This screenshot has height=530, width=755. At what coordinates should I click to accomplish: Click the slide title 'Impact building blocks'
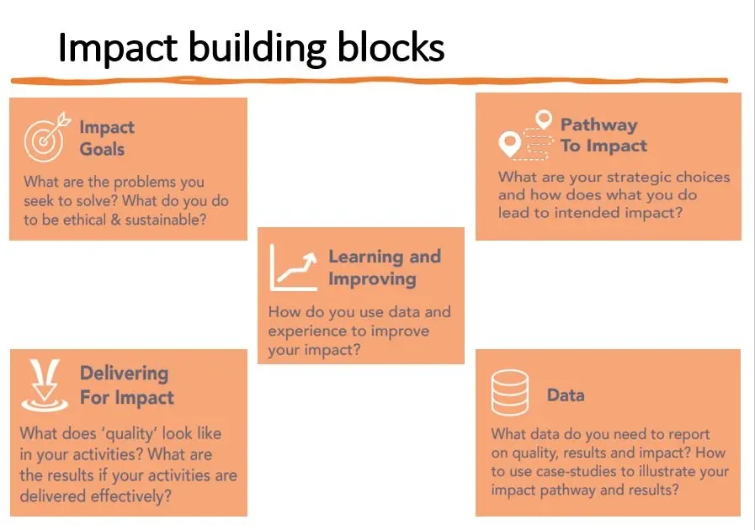251,49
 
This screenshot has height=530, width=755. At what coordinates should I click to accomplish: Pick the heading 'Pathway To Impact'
603,135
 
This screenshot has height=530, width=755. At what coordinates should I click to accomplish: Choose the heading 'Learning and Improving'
384,268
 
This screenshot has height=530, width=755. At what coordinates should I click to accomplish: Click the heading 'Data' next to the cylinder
566,395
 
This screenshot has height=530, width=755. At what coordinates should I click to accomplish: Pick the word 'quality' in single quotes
123,434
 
